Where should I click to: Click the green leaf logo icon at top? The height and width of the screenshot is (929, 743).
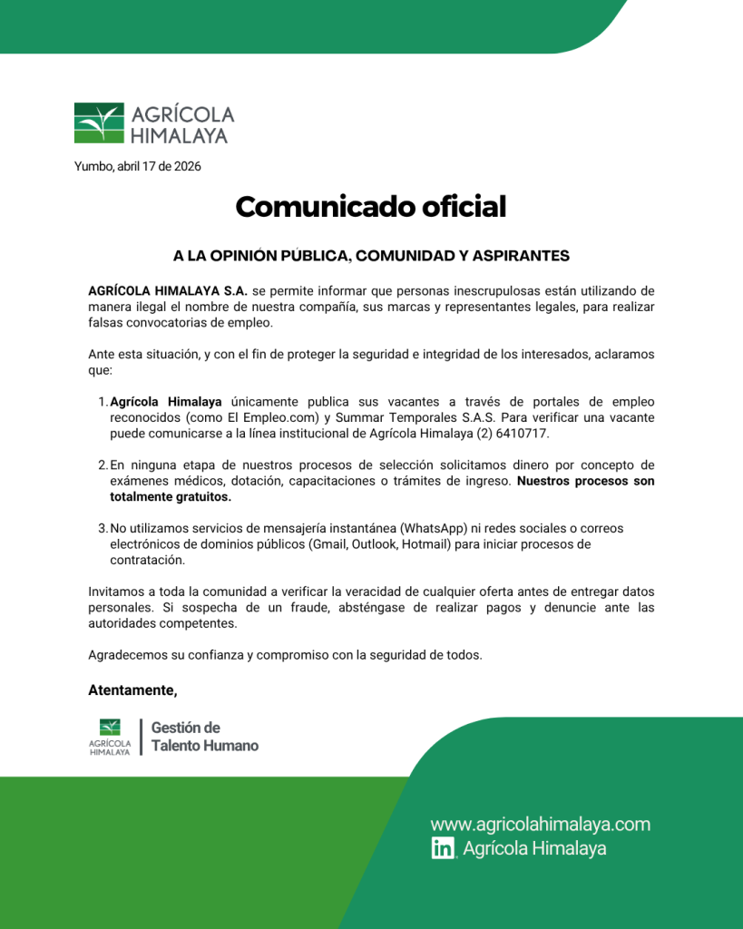click(99, 123)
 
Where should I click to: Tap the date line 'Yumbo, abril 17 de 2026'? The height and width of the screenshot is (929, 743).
click(138, 166)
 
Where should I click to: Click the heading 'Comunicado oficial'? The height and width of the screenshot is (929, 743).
click(370, 207)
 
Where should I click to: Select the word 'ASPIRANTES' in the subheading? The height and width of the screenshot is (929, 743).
click(515, 256)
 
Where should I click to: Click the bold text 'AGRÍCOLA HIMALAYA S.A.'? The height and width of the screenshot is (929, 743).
click(168, 291)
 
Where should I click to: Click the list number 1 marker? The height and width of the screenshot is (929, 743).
click(102, 402)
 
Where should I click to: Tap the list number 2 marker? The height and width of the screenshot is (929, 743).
click(102, 465)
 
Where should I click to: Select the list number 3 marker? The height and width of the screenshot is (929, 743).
click(102, 528)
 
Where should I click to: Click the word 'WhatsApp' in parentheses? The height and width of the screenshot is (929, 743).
click(432, 528)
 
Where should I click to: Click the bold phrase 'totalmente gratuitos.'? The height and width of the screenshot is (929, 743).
click(171, 497)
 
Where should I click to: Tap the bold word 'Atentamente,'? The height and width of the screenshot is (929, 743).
click(132, 690)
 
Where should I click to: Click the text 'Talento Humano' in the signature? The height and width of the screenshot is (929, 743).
click(204, 746)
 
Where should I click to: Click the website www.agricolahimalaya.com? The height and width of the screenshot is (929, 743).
click(541, 825)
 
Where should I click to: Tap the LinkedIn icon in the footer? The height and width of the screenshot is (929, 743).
click(443, 849)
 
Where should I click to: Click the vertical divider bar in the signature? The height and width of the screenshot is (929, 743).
click(141, 737)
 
